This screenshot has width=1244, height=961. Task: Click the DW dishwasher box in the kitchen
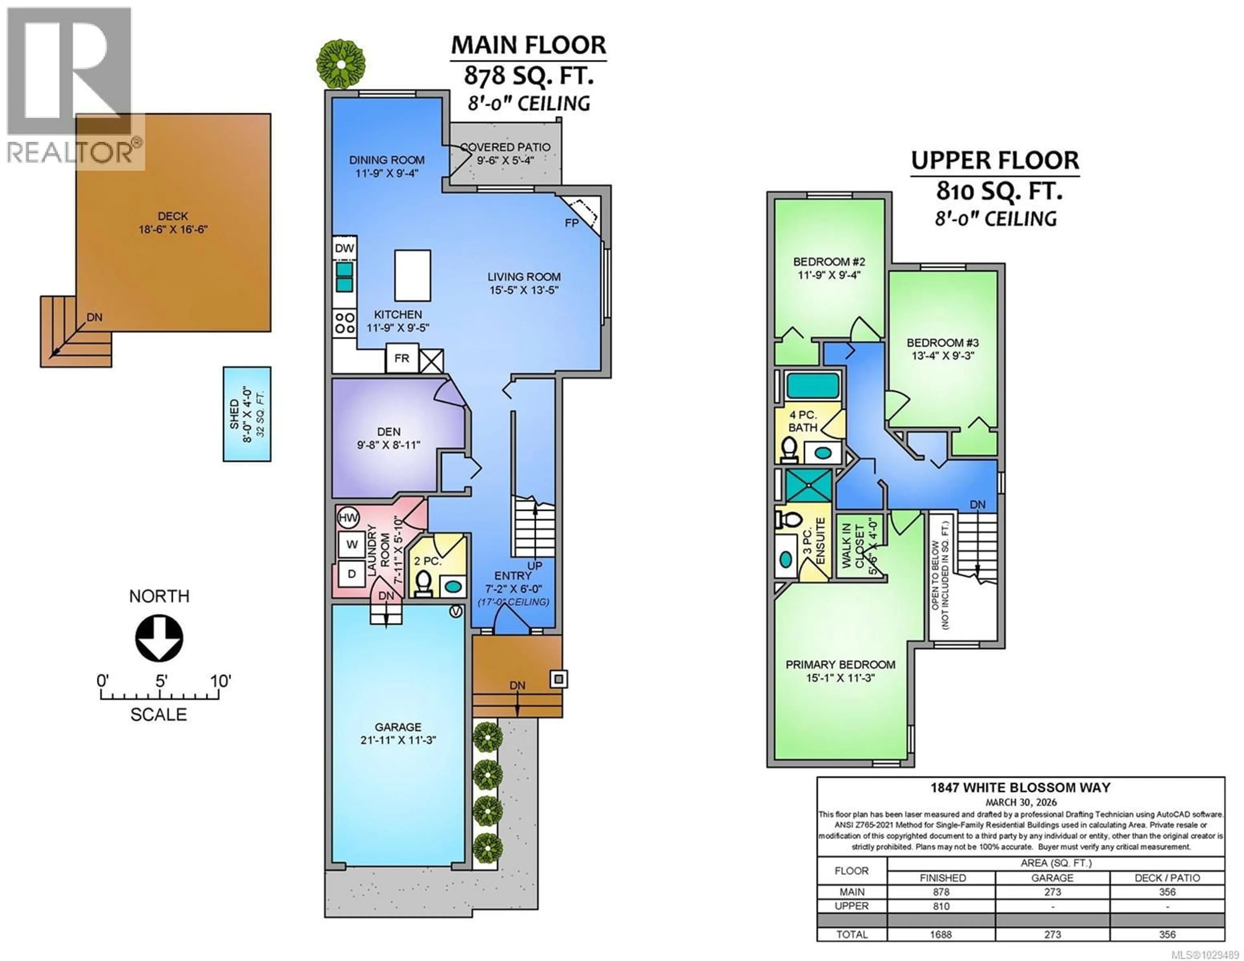344,248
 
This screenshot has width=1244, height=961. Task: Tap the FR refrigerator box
402,358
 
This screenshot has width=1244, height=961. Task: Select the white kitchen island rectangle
412,275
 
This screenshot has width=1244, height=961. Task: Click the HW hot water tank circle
348,517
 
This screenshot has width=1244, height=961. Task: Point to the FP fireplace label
571,223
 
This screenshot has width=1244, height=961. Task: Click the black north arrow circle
159,638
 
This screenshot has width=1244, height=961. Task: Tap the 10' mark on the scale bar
220,681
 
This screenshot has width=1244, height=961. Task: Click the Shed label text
234,414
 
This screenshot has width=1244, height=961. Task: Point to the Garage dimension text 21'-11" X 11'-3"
398,740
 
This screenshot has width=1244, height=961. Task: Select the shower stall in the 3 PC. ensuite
808,485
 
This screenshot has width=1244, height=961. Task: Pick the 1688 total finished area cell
941,934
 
